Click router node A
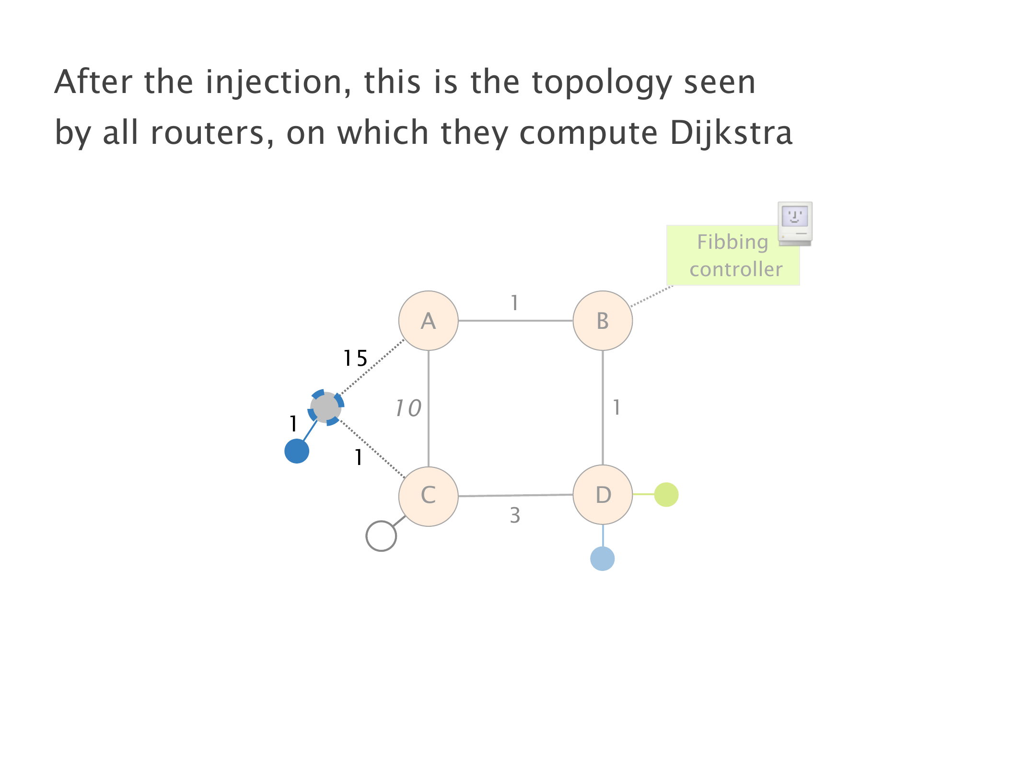pos(428,321)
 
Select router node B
pos(603,321)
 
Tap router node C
pos(428,496)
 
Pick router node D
pos(603,495)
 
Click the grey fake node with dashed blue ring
pos(325,407)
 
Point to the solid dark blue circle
pos(297,451)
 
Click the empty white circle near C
pos(381,536)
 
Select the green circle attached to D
pos(666,494)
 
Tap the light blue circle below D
pos(603,558)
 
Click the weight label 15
pos(355,358)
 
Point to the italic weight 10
pos(408,408)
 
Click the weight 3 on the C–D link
pos(515,515)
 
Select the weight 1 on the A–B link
pos(514,303)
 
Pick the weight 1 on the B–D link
pos(616,407)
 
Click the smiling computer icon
pos(795,223)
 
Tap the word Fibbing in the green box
pos(732,243)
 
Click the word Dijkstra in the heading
pos(731,132)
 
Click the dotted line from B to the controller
pos(652,296)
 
